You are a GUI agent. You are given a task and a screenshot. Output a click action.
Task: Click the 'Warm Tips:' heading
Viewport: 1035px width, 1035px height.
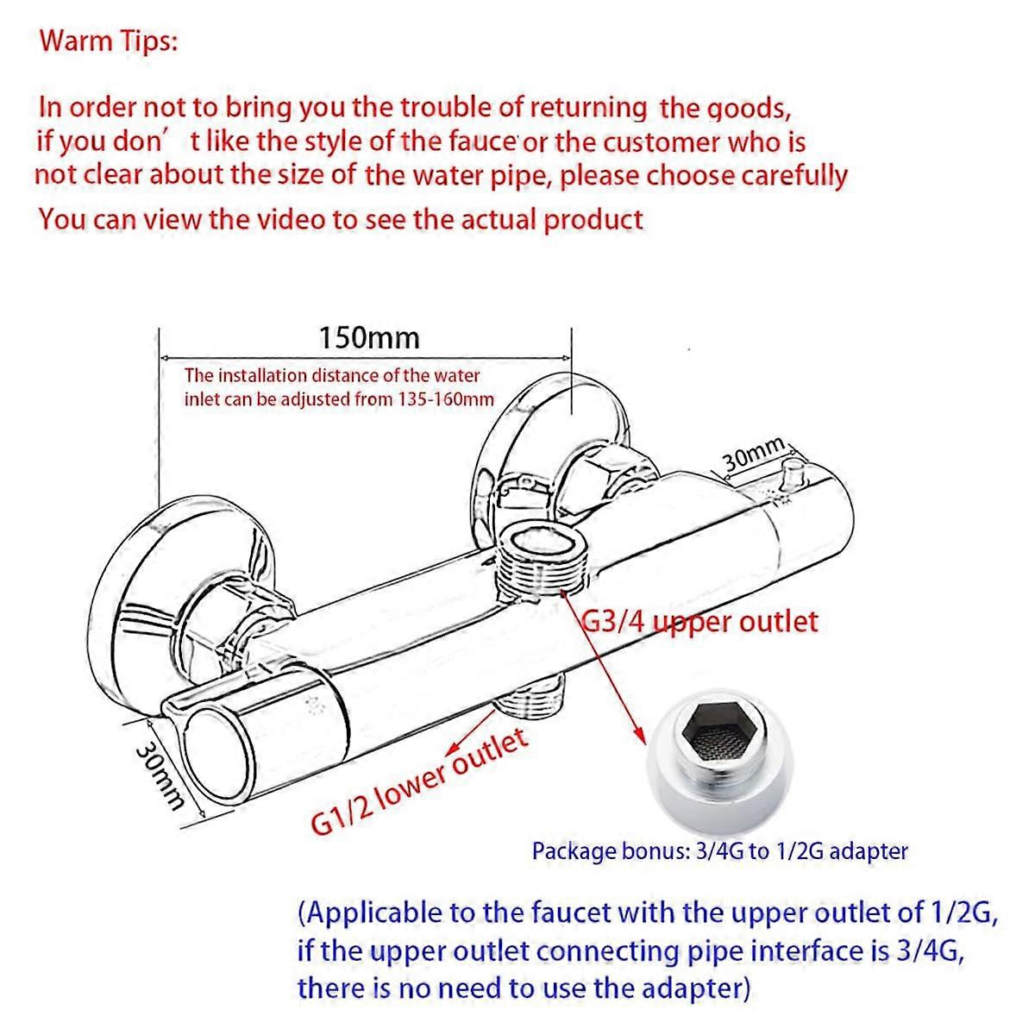(x=109, y=41)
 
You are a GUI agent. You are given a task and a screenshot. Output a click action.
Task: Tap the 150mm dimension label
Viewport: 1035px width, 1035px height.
(x=369, y=338)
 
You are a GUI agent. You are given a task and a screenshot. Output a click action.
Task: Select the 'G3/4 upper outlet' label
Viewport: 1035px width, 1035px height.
(x=699, y=623)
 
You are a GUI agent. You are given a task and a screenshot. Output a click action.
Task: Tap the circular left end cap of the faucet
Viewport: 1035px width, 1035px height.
(x=219, y=754)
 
